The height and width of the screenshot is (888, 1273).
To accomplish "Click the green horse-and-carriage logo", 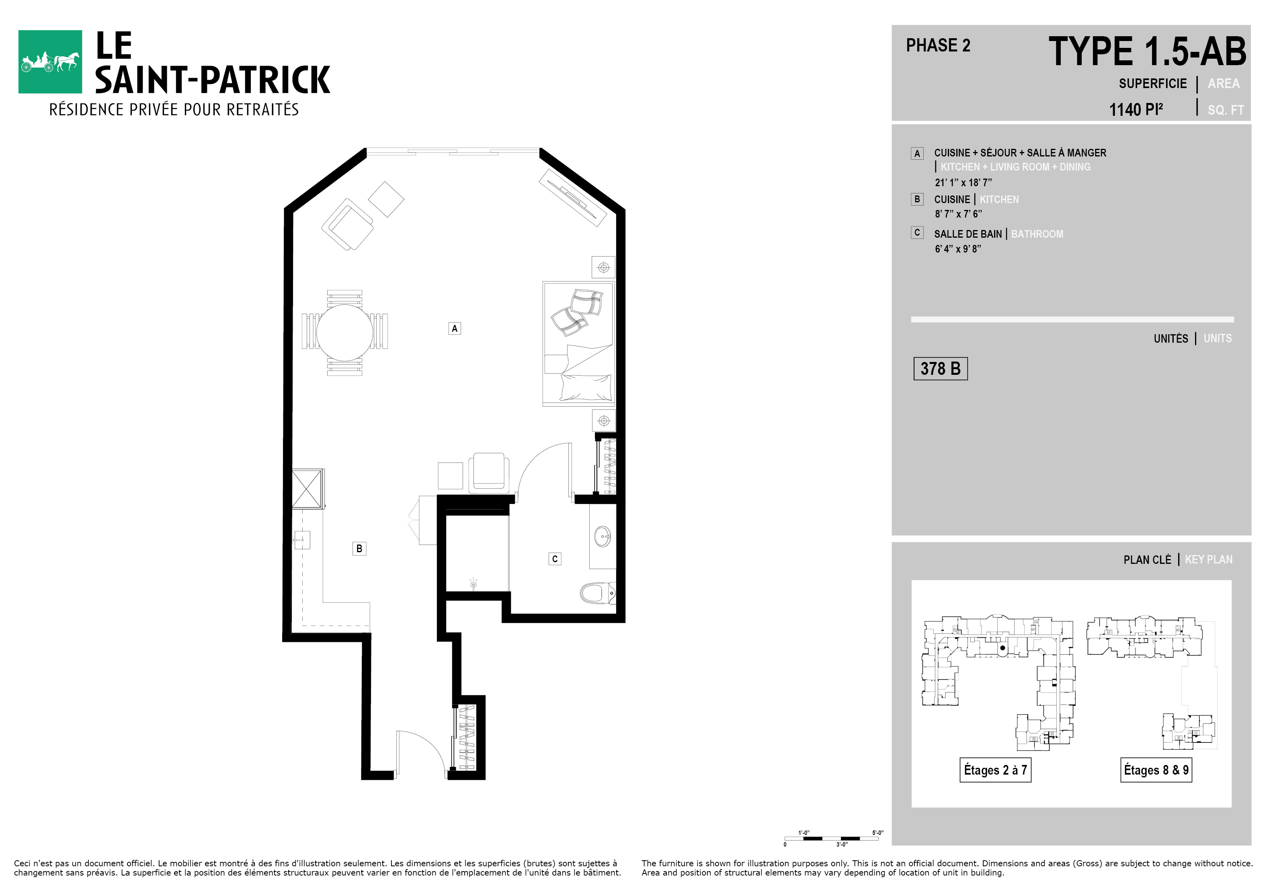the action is [50, 62].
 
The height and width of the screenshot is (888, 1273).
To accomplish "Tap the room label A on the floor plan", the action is [455, 328].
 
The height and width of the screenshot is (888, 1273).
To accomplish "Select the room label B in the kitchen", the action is [359, 549].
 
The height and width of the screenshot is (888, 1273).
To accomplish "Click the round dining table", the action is [345, 333].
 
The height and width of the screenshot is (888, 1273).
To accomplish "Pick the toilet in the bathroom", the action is [598, 593].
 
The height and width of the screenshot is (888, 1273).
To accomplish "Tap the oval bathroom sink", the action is [602, 536].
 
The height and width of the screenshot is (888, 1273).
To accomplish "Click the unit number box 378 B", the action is [940, 369].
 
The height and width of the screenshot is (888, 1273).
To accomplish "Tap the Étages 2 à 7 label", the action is [995, 770].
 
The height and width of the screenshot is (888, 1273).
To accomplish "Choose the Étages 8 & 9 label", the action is [1156, 770].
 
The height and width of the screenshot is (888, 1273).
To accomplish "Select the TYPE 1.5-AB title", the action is [1147, 51].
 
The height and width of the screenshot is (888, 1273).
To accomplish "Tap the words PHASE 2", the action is [938, 45].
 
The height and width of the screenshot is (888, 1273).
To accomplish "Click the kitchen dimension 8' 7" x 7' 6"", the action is [958, 214].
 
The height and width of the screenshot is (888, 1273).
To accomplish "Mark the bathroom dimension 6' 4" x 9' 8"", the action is [957, 249].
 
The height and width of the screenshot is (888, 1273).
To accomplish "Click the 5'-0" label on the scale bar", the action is [878, 832].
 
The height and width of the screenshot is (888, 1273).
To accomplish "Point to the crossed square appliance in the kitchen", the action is [307, 488].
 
